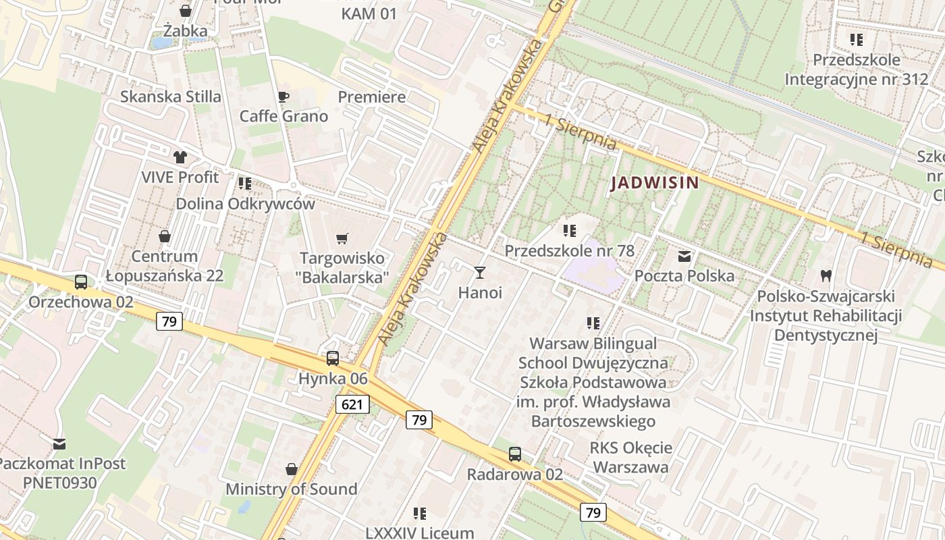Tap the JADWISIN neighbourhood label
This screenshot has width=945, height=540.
[x=654, y=182]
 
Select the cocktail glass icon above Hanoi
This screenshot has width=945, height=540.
[x=480, y=273]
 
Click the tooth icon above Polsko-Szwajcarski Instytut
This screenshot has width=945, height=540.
[x=825, y=275]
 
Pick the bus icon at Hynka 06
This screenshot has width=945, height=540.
[x=333, y=358]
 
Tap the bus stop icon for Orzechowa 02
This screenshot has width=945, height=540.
[x=81, y=281]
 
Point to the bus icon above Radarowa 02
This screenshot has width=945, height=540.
[x=515, y=454]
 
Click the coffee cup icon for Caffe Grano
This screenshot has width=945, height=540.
[x=283, y=97]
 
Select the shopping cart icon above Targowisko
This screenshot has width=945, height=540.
[x=342, y=238]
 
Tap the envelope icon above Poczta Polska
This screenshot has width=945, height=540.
[x=684, y=256]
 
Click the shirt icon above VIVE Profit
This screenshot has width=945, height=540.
[x=180, y=157]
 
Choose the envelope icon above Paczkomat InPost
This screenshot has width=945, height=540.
[x=59, y=443]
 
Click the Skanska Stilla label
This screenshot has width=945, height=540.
[x=171, y=97]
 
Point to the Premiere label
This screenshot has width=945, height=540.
[x=372, y=97]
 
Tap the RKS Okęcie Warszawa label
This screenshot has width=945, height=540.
[x=630, y=457]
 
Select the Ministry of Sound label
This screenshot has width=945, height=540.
[x=292, y=489]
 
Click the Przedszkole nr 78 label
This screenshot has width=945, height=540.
[x=570, y=250]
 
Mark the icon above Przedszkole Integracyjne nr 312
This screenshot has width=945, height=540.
[x=857, y=40]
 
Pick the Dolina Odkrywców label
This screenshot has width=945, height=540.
[x=246, y=203]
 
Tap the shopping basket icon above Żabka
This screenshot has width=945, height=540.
[x=186, y=11]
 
